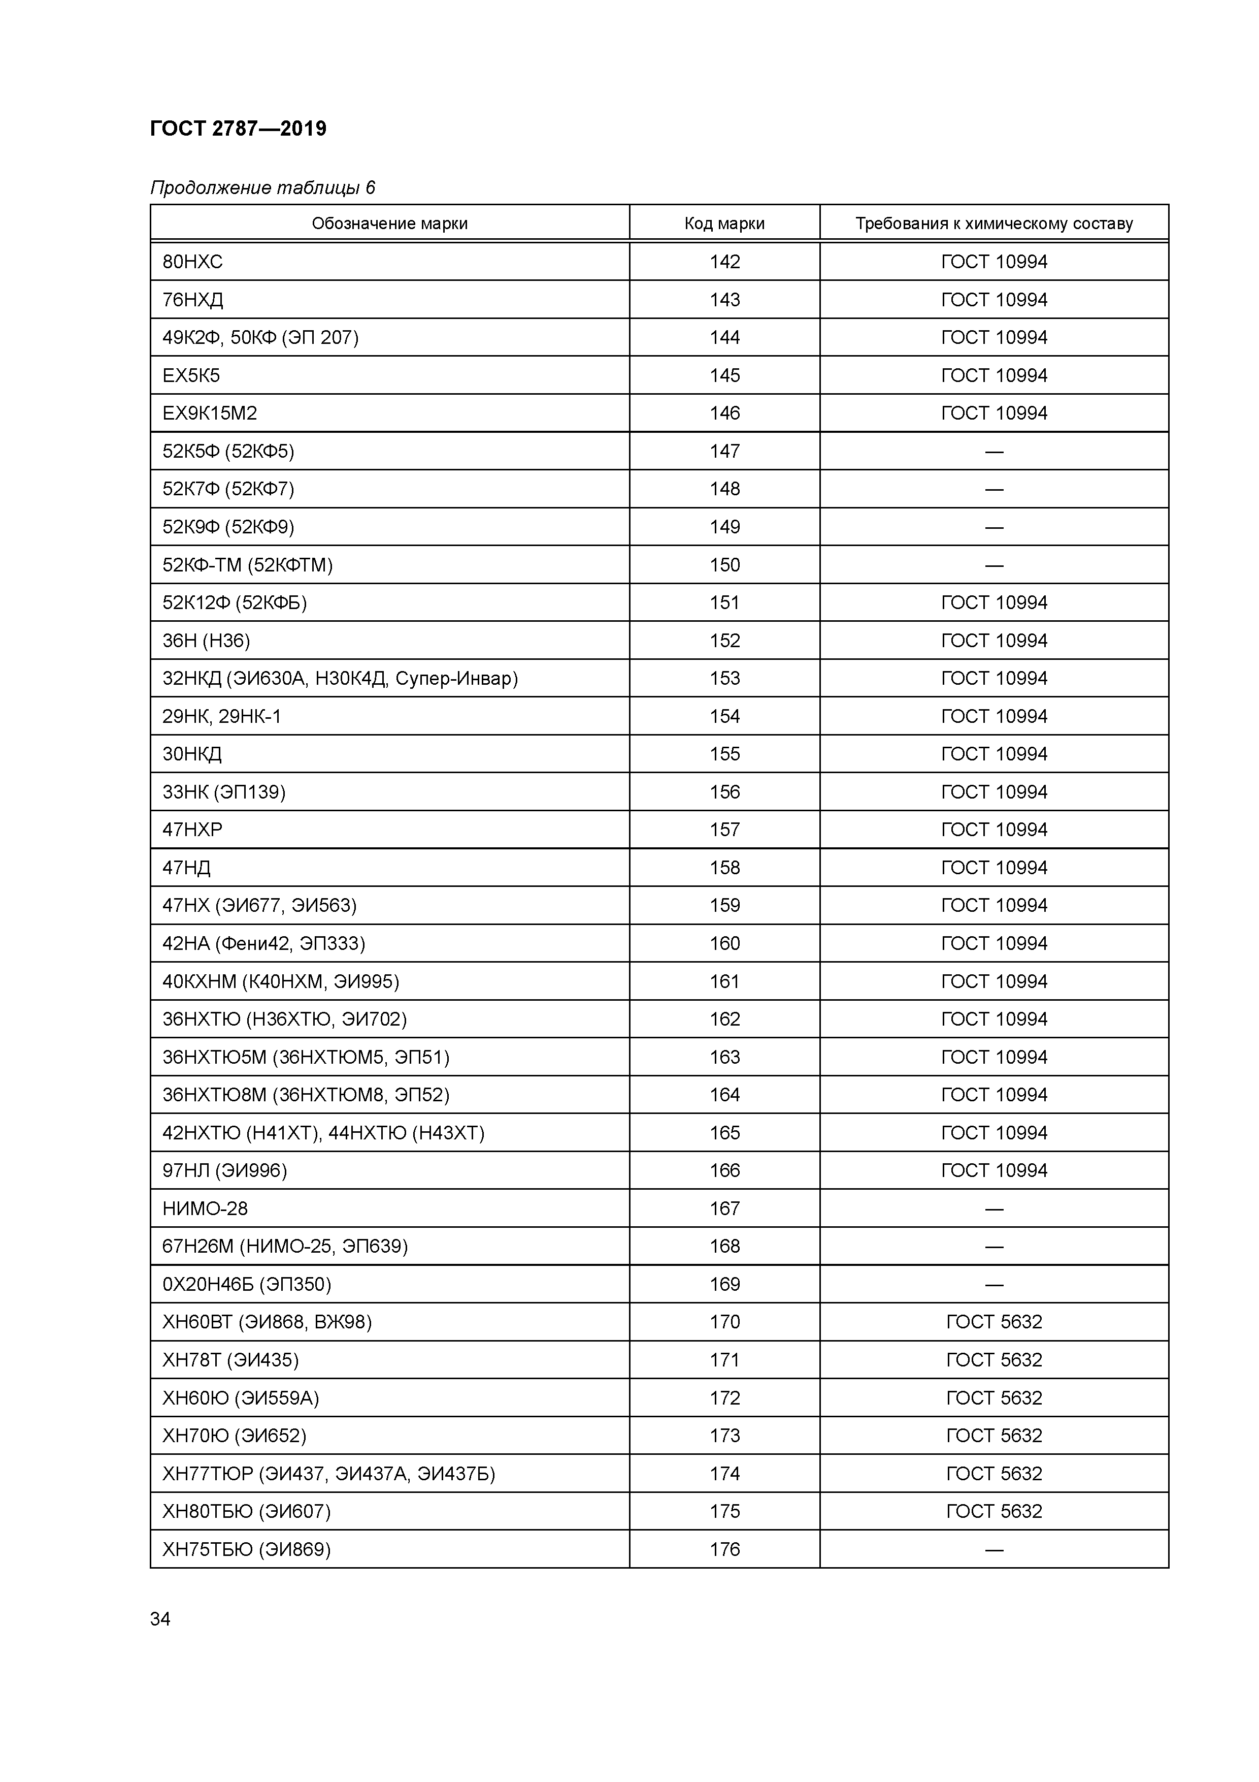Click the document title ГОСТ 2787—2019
pyautogui.click(x=238, y=128)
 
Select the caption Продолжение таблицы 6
pyautogui.click(x=262, y=188)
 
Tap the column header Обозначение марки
pyautogui.click(x=389, y=224)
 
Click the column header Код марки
pyautogui.click(x=724, y=224)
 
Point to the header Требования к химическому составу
pyautogui.click(x=993, y=224)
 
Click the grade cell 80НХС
pyautogui.click(x=192, y=262)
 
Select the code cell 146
pyautogui.click(x=724, y=413)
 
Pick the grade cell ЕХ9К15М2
pyautogui.click(x=210, y=413)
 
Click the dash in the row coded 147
pyautogui.click(x=993, y=451)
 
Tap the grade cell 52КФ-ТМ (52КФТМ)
pyautogui.click(x=247, y=565)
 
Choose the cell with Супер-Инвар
pyautogui.click(x=340, y=678)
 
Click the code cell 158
pyautogui.click(x=724, y=868)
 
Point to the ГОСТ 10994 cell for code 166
pyautogui.click(x=993, y=1170)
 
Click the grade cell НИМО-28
pyautogui.click(x=205, y=1208)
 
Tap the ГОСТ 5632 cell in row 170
pyautogui.click(x=993, y=1322)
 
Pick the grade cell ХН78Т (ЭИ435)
pyautogui.click(x=230, y=1360)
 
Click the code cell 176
pyautogui.click(x=724, y=1549)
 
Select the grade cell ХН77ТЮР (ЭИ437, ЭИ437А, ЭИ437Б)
pyautogui.click(x=328, y=1473)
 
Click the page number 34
pyautogui.click(x=160, y=1619)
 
